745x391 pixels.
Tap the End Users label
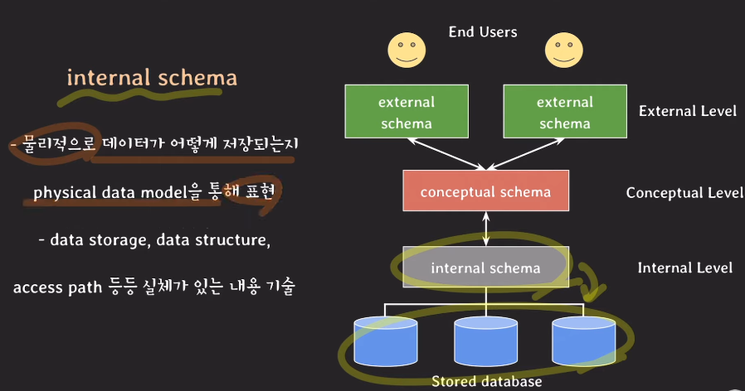click(x=483, y=32)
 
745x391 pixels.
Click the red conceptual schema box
click(x=485, y=192)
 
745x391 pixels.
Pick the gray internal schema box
click(x=485, y=268)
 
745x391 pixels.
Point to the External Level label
click(x=688, y=111)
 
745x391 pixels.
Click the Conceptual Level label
click(x=684, y=193)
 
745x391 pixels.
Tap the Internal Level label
click(x=685, y=268)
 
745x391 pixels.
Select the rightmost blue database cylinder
click(x=582, y=340)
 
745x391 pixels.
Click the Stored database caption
click(x=486, y=382)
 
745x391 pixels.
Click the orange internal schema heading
click(x=152, y=79)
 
